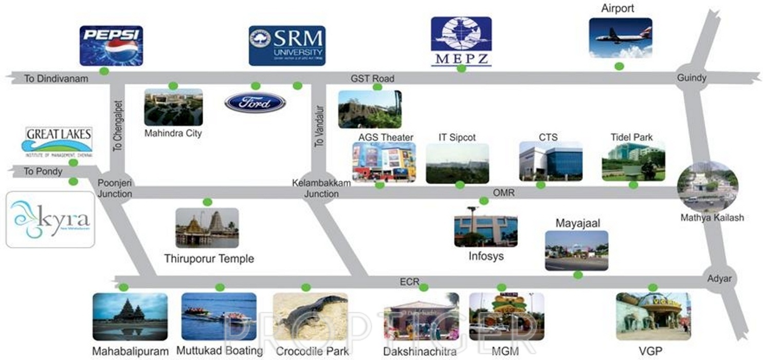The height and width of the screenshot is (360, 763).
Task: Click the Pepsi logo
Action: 111,46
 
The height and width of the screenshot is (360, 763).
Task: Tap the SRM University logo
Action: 287,46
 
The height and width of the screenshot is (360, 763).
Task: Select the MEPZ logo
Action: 461,41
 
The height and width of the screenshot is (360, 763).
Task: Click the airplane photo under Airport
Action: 620,38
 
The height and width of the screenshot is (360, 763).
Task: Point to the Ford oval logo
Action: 255,103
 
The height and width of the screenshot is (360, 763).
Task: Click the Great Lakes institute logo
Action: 59,142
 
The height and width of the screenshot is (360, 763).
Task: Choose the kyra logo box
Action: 50,220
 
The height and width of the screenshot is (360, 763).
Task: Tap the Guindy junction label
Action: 692,78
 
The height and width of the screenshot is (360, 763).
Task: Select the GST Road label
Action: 372,78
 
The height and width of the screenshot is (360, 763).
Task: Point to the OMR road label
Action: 504,192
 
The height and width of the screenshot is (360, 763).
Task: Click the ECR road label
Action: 409,282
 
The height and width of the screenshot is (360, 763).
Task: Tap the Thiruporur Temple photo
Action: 207,228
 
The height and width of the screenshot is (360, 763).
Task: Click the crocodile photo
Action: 311,316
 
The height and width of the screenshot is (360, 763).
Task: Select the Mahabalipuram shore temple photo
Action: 130,316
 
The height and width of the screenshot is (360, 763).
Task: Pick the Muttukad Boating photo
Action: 219,316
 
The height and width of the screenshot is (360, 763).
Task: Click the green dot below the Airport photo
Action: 620,66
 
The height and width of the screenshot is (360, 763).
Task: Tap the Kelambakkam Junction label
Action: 321,188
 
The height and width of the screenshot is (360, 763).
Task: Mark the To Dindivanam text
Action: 57,79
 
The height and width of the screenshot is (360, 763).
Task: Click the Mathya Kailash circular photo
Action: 707,186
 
